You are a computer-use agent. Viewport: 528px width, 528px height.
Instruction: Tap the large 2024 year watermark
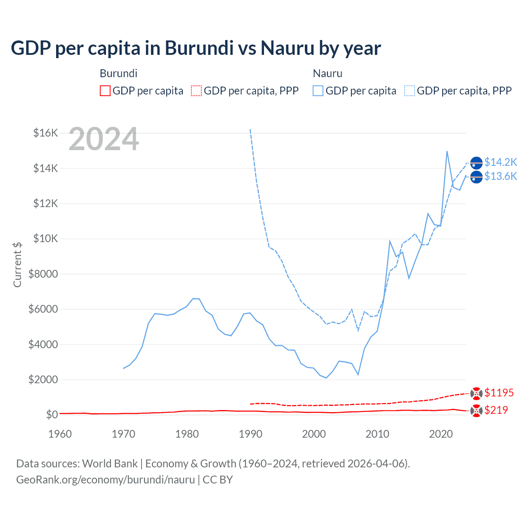click(104, 139)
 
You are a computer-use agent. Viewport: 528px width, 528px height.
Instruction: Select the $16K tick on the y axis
click(45, 133)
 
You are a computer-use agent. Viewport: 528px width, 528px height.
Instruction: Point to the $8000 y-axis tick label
click(43, 274)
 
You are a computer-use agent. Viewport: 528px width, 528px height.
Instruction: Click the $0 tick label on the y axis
click(52, 415)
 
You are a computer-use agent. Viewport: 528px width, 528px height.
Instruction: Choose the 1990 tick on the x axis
click(250, 434)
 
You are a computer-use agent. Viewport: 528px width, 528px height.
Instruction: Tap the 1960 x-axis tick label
click(60, 434)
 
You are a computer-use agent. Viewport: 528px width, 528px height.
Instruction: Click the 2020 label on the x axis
click(441, 434)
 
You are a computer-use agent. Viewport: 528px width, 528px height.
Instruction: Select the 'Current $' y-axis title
click(17, 265)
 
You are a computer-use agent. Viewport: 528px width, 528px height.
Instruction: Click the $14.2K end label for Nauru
click(500, 162)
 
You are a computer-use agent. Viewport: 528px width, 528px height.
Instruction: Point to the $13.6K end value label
click(500, 177)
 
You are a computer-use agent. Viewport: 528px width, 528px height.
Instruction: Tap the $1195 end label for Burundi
click(499, 393)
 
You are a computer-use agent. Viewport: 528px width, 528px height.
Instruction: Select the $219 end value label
click(496, 410)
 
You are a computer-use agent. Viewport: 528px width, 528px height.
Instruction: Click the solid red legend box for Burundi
click(105, 91)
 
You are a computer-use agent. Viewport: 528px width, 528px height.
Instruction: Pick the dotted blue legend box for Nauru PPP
click(410, 91)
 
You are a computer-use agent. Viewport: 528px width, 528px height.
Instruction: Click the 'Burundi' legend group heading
click(118, 73)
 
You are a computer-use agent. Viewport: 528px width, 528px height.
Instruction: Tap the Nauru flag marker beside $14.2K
click(476, 163)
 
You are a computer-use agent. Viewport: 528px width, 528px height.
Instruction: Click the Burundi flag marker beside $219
click(476, 411)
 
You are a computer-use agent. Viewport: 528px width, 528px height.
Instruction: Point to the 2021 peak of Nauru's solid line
click(447, 151)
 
